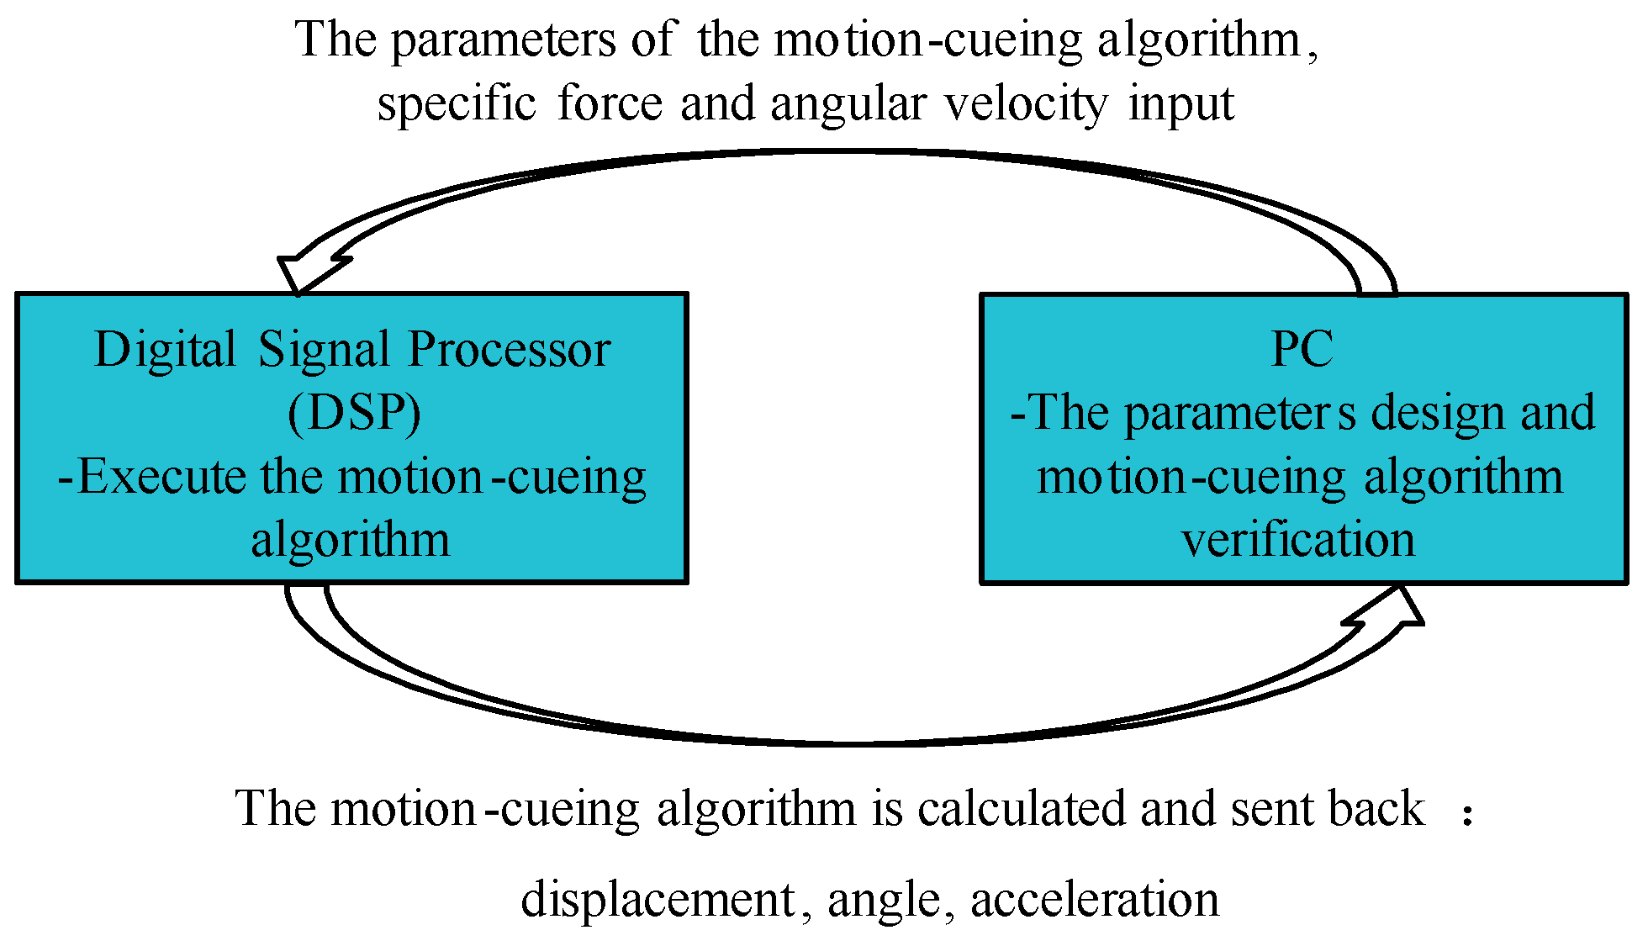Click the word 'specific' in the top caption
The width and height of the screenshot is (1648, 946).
pos(457,105)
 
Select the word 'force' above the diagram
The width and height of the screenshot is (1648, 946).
pos(610,103)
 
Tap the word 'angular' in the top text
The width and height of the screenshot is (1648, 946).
pos(848,105)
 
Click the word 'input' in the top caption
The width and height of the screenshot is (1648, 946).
pos(1181,105)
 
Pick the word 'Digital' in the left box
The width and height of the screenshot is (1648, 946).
pos(165,350)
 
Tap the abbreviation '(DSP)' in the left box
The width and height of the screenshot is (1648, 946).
pos(354,413)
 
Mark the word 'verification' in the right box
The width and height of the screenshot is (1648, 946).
pos(1298,540)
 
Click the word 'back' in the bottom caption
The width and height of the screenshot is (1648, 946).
pos(1376,809)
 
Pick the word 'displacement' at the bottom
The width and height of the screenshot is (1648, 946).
pos(658,900)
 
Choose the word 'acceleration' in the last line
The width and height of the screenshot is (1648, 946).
pos(1095,900)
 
